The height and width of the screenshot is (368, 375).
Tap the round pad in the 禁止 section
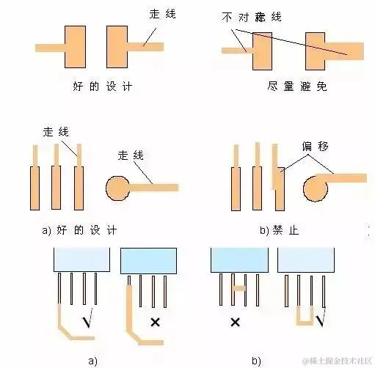click(317, 189)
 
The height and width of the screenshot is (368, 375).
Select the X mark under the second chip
click(155, 321)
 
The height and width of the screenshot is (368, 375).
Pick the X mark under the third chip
click(236, 321)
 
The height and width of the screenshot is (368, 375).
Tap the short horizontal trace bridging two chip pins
click(239, 289)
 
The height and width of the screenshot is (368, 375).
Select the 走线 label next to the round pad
click(131, 155)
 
